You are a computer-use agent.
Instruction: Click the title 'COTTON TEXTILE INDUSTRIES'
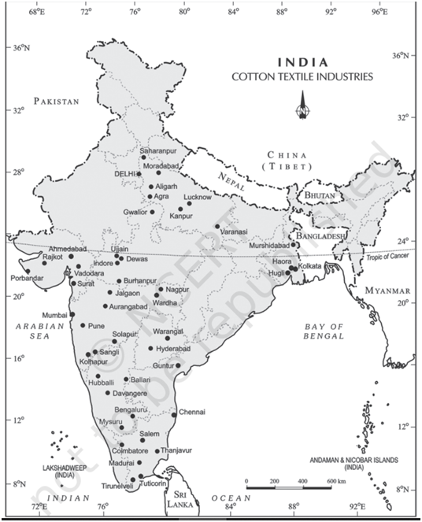click(x=302, y=77)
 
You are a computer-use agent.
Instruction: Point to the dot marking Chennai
click(x=174, y=413)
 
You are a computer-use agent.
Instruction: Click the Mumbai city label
click(x=54, y=315)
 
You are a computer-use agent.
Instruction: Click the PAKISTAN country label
click(x=57, y=102)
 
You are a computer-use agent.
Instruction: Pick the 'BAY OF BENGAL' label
click(x=325, y=331)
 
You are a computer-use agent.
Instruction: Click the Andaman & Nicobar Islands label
click(x=363, y=462)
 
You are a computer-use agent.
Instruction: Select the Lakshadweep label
click(x=58, y=470)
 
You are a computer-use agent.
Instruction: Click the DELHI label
click(x=125, y=173)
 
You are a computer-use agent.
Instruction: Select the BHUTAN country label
click(x=320, y=194)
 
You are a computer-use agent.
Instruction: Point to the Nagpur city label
click(x=178, y=290)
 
